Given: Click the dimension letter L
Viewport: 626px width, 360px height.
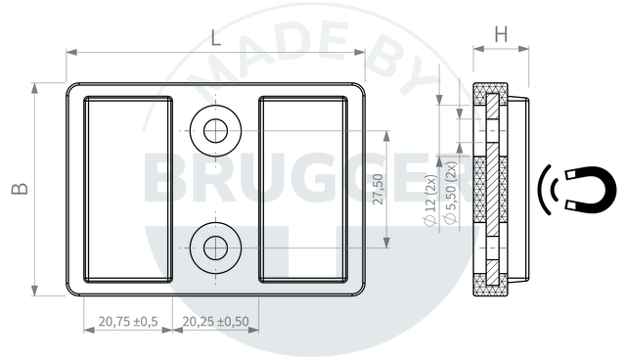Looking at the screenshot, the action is tap(215, 38).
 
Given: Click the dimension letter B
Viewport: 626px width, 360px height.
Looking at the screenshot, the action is tap(20, 189).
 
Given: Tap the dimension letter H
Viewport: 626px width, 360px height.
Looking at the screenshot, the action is tap(501, 34).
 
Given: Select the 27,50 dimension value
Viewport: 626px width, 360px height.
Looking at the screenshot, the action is tap(378, 189).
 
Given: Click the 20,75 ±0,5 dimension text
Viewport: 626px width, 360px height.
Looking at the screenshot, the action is tap(128, 321).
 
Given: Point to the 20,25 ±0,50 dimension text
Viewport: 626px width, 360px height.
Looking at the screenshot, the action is tap(215, 321).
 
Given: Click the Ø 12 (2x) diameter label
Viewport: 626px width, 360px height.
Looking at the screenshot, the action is tap(431, 201).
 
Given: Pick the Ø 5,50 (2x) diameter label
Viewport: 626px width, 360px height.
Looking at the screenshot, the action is tap(451, 193).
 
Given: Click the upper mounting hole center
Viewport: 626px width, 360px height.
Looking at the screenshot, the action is tap(215, 130).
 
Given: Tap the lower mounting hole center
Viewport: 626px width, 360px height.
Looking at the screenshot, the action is tap(215, 247).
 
